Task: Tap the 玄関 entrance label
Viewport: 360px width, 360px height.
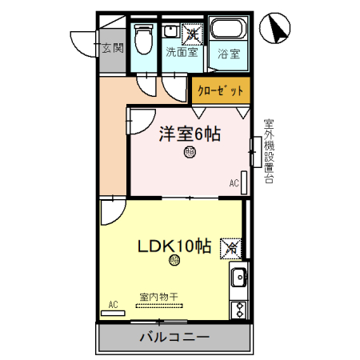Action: click(x=112, y=48)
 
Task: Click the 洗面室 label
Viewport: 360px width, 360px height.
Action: click(x=181, y=52)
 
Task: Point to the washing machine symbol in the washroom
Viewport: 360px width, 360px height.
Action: click(x=192, y=34)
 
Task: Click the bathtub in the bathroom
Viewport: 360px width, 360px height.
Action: click(x=230, y=33)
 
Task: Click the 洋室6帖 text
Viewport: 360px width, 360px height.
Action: click(x=190, y=134)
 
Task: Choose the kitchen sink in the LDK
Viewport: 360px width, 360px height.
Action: click(x=238, y=279)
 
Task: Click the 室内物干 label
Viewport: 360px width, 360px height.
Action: click(x=158, y=296)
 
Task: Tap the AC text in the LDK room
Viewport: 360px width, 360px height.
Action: click(x=113, y=305)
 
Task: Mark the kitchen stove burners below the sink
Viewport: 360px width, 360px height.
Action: click(x=238, y=308)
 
